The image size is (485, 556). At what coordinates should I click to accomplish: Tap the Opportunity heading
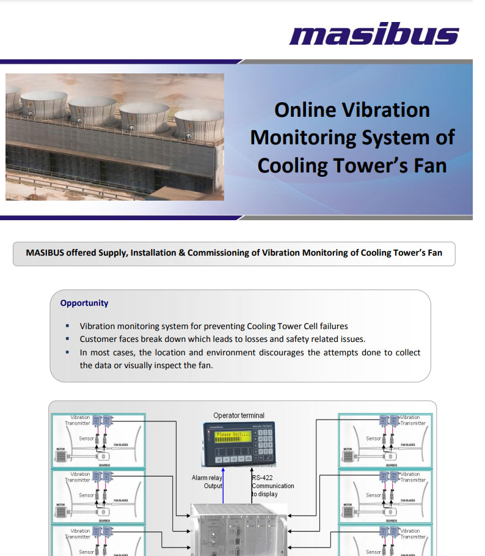pos(84,303)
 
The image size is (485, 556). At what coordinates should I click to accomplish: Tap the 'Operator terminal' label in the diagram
pos(239,415)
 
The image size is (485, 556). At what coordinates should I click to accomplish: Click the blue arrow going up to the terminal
pos(224,483)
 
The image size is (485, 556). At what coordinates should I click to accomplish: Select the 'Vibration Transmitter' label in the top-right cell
pos(413,420)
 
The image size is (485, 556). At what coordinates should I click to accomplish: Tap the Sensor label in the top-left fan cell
pos(87,439)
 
